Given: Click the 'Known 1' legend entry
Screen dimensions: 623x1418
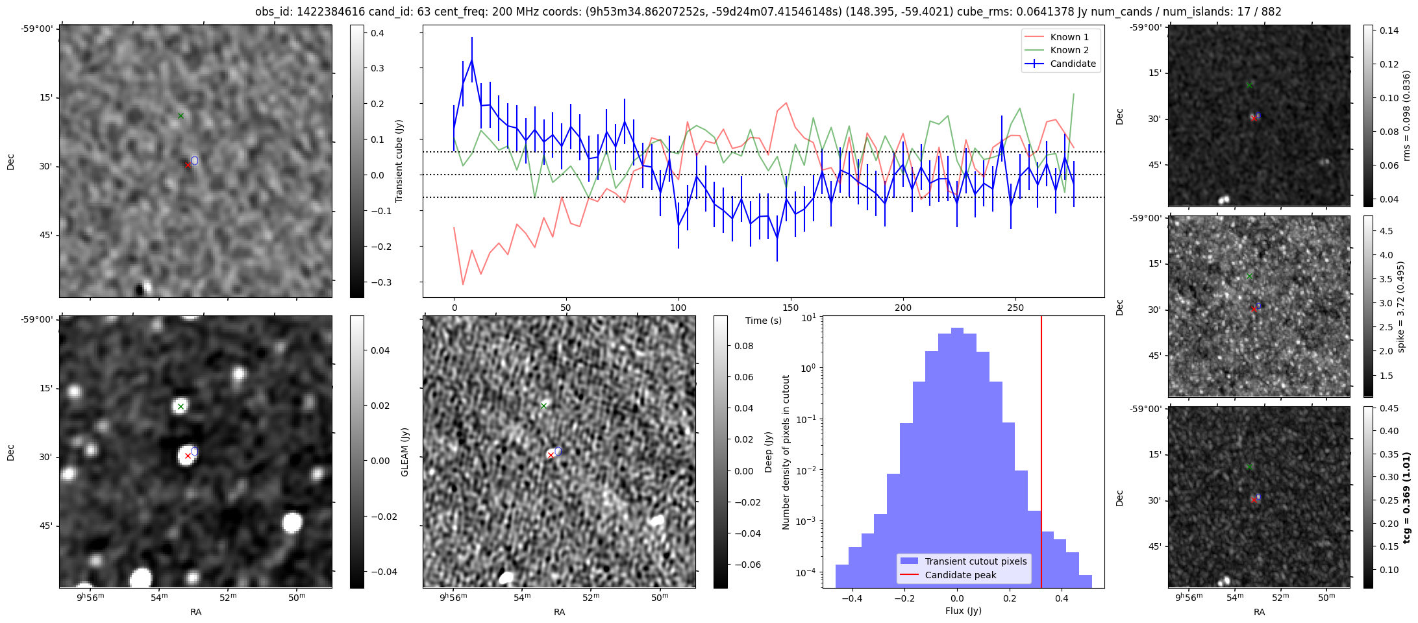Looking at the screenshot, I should tap(1069, 37).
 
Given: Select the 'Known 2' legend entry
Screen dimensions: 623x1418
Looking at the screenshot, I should tap(1069, 50).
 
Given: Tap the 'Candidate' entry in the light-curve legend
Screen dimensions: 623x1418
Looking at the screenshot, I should tap(1073, 64).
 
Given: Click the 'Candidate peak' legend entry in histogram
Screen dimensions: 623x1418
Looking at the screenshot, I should tap(960, 575).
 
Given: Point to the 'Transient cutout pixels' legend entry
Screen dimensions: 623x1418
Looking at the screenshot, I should tap(976, 561).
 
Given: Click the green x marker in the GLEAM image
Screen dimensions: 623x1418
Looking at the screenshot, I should tap(181, 407).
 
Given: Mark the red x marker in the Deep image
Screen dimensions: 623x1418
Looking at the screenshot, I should tap(551, 456).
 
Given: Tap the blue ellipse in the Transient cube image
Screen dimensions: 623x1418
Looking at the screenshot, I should tap(195, 160).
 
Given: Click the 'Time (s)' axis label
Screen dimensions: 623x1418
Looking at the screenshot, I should tap(764, 321).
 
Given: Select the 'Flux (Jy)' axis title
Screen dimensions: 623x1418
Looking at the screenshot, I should tap(964, 611).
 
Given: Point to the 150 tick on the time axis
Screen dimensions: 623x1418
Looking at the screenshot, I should tap(791, 308).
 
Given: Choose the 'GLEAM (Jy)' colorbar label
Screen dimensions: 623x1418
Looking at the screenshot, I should tap(405, 452).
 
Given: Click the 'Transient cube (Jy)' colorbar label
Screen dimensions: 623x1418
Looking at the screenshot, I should tap(399, 161).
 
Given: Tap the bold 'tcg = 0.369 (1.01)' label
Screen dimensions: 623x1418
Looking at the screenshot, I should tap(1407, 498).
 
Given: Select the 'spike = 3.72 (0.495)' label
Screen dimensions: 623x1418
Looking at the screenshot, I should tap(1401, 307).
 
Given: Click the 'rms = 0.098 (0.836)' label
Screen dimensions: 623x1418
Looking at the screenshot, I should tap(1406, 116).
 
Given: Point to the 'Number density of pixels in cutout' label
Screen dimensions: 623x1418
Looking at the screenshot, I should tap(786, 452).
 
